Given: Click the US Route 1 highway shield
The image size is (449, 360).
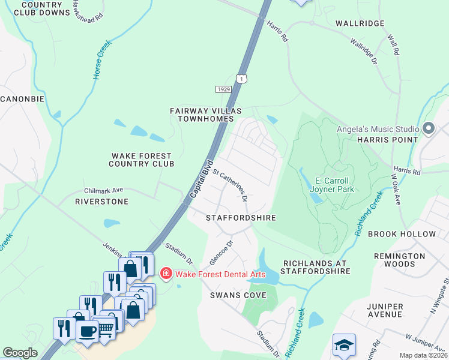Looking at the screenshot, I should (241, 79).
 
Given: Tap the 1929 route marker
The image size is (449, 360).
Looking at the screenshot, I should (223, 89).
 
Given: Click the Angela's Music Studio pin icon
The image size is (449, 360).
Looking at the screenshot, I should (429, 128).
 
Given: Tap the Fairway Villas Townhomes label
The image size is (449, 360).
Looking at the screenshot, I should (205, 115).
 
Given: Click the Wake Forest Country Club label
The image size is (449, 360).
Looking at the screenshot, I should (142, 159).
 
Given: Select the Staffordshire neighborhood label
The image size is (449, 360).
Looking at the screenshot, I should (241, 218).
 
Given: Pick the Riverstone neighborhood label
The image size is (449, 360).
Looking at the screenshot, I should (101, 202).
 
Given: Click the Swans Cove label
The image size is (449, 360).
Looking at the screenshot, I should (234, 295).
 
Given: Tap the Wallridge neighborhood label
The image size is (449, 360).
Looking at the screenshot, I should (360, 23).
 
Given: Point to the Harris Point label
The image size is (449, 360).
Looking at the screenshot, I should (387, 140).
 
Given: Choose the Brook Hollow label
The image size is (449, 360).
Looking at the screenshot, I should (402, 234).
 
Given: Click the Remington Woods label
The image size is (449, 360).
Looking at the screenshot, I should (399, 260).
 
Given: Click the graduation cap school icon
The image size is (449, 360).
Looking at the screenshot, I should (344, 345).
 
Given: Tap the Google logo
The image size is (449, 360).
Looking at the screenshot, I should (20, 353).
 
